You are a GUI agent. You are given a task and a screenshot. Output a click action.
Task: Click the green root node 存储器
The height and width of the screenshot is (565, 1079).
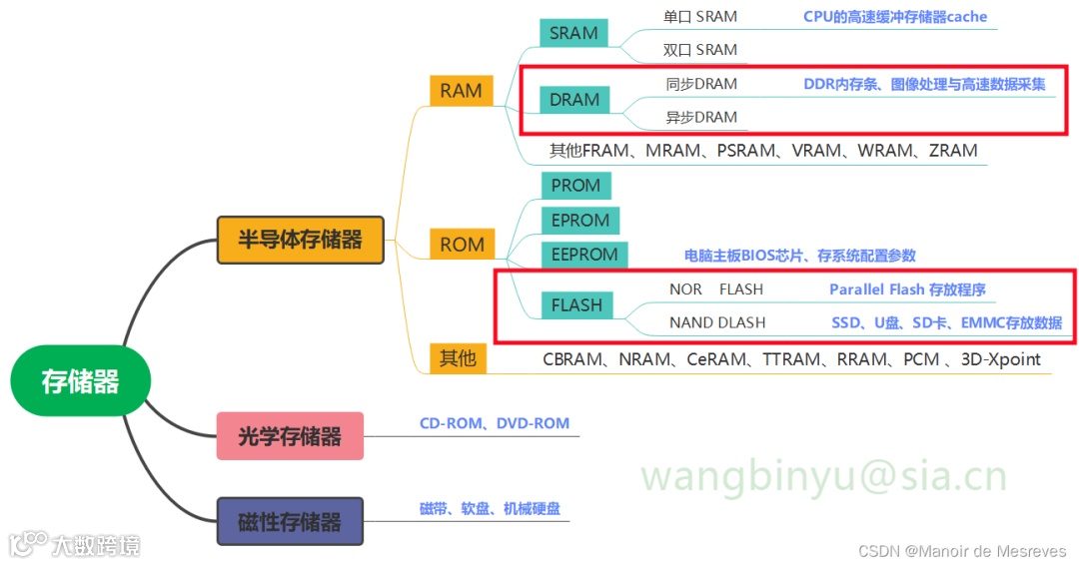click(x=80, y=380)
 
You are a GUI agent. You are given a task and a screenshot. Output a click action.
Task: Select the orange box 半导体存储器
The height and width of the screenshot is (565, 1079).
click(x=300, y=240)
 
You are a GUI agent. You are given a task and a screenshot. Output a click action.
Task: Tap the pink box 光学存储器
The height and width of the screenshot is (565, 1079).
click(x=290, y=436)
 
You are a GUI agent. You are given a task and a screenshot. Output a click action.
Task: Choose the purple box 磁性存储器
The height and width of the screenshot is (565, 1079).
click(x=290, y=521)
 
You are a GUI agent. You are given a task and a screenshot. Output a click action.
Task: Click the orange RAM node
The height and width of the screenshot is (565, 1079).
click(x=461, y=91)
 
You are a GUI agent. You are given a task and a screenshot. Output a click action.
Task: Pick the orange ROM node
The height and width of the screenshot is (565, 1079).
click(x=462, y=245)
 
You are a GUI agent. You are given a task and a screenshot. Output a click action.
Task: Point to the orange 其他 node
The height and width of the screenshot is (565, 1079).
click(x=459, y=357)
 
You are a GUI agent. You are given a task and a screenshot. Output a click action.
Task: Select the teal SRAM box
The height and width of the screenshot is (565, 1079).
click(x=573, y=33)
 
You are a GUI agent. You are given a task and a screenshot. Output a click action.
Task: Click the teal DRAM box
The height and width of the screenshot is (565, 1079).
click(x=574, y=100)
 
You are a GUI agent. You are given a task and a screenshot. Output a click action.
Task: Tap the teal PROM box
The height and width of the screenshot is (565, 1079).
click(x=575, y=186)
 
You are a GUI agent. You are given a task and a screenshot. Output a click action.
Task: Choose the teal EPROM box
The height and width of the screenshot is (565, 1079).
click(x=579, y=221)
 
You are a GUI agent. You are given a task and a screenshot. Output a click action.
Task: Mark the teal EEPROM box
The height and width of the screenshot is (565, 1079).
click(x=584, y=255)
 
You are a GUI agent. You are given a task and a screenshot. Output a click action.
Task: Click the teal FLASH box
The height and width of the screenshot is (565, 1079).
click(x=576, y=305)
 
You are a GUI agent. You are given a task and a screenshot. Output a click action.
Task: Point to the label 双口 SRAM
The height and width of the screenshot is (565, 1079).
click(x=700, y=50)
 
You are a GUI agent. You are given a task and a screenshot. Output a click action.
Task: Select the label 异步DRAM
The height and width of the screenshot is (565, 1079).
click(x=701, y=117)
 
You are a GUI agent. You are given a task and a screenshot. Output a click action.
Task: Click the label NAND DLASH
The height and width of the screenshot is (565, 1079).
click(x=717, y=322)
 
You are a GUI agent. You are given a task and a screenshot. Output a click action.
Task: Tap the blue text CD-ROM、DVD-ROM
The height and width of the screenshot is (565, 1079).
click(x=495, y=423)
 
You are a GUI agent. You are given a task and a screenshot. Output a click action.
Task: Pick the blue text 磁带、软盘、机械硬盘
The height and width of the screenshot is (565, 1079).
click(x=490, y=509)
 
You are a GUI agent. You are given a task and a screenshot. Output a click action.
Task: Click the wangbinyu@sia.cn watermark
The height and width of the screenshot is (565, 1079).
click(x=823, y=477)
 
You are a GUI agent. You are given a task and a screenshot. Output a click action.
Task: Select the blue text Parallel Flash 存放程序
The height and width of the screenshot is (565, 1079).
click(x=907, y=289)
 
